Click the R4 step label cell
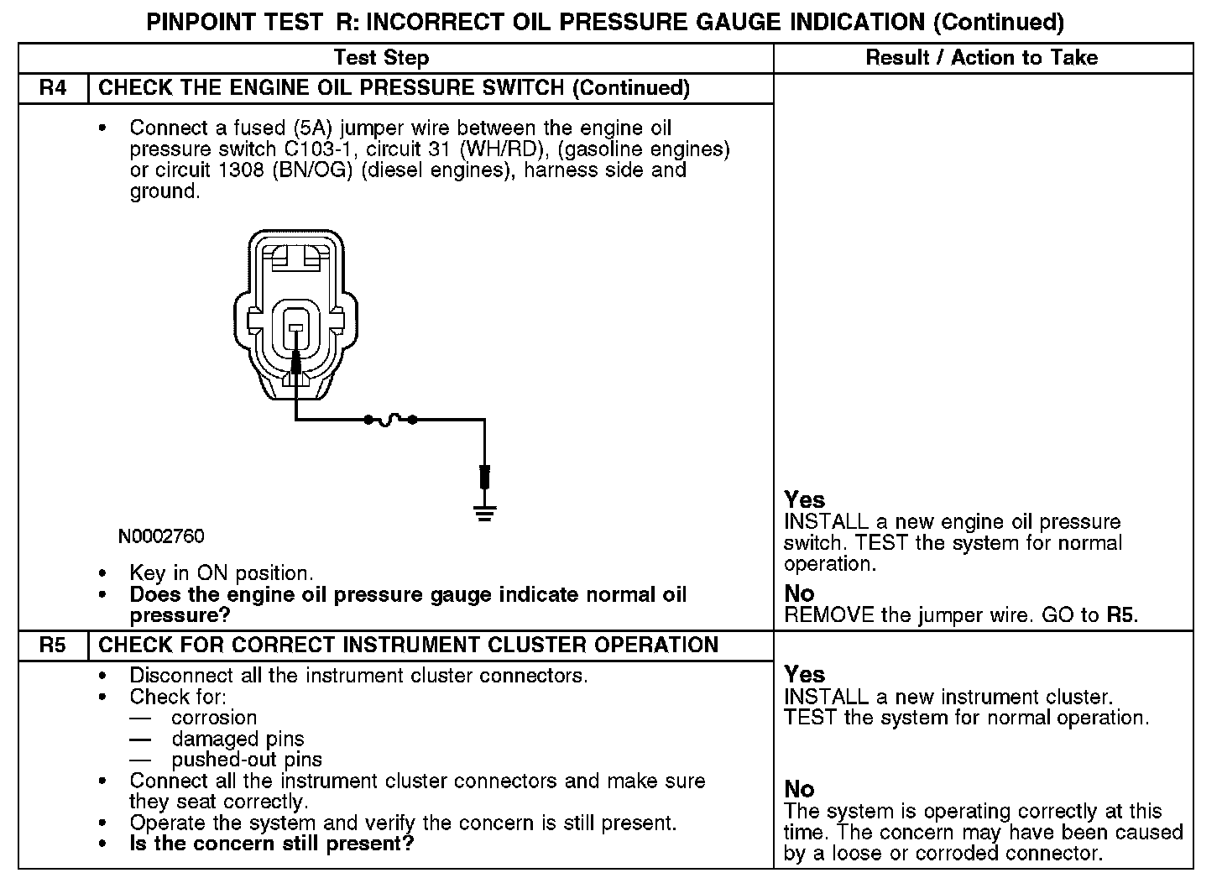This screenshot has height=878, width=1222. [53, 88]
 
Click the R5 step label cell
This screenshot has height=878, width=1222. [53, 645]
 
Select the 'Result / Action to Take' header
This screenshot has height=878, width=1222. [981, 58]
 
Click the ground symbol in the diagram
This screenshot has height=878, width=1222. [484, 511]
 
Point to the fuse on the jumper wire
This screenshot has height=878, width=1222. [390, 419]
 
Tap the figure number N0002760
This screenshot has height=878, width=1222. [161, 536]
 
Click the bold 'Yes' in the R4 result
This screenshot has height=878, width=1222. [804, 500]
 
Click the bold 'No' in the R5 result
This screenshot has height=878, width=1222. [799, 789]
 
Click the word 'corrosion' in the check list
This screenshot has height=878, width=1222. [214, 718]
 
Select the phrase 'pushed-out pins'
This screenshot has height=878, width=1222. [247, 760]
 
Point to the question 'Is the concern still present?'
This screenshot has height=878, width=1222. [272, 844]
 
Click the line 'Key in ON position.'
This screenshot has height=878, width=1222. [221, 573]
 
